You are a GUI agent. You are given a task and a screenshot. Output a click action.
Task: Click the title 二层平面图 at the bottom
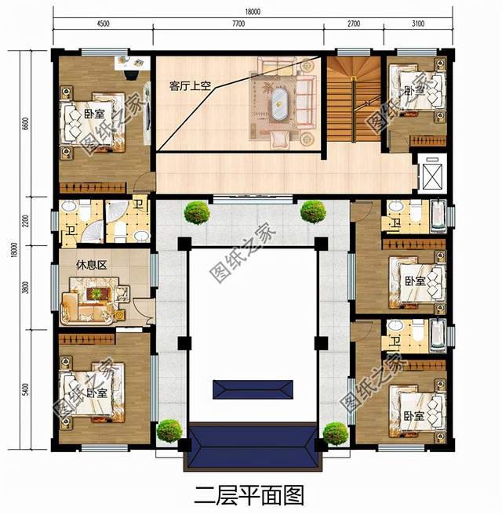pyautogui.click(x=249, y=494)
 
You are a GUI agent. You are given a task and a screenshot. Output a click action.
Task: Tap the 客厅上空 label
pyautogui.click(x=190, y=86)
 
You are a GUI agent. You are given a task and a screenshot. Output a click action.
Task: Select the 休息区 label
pyautogui.click(x=91, y=264)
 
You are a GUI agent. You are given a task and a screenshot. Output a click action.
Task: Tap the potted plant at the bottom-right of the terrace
pyautogui.click(x=335, y=433)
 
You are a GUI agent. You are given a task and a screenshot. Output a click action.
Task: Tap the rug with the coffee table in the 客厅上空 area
pyautogui.click(x=280, y=107)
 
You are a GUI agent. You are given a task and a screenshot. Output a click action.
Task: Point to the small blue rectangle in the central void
pyautogui.click(x=249, y=389)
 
